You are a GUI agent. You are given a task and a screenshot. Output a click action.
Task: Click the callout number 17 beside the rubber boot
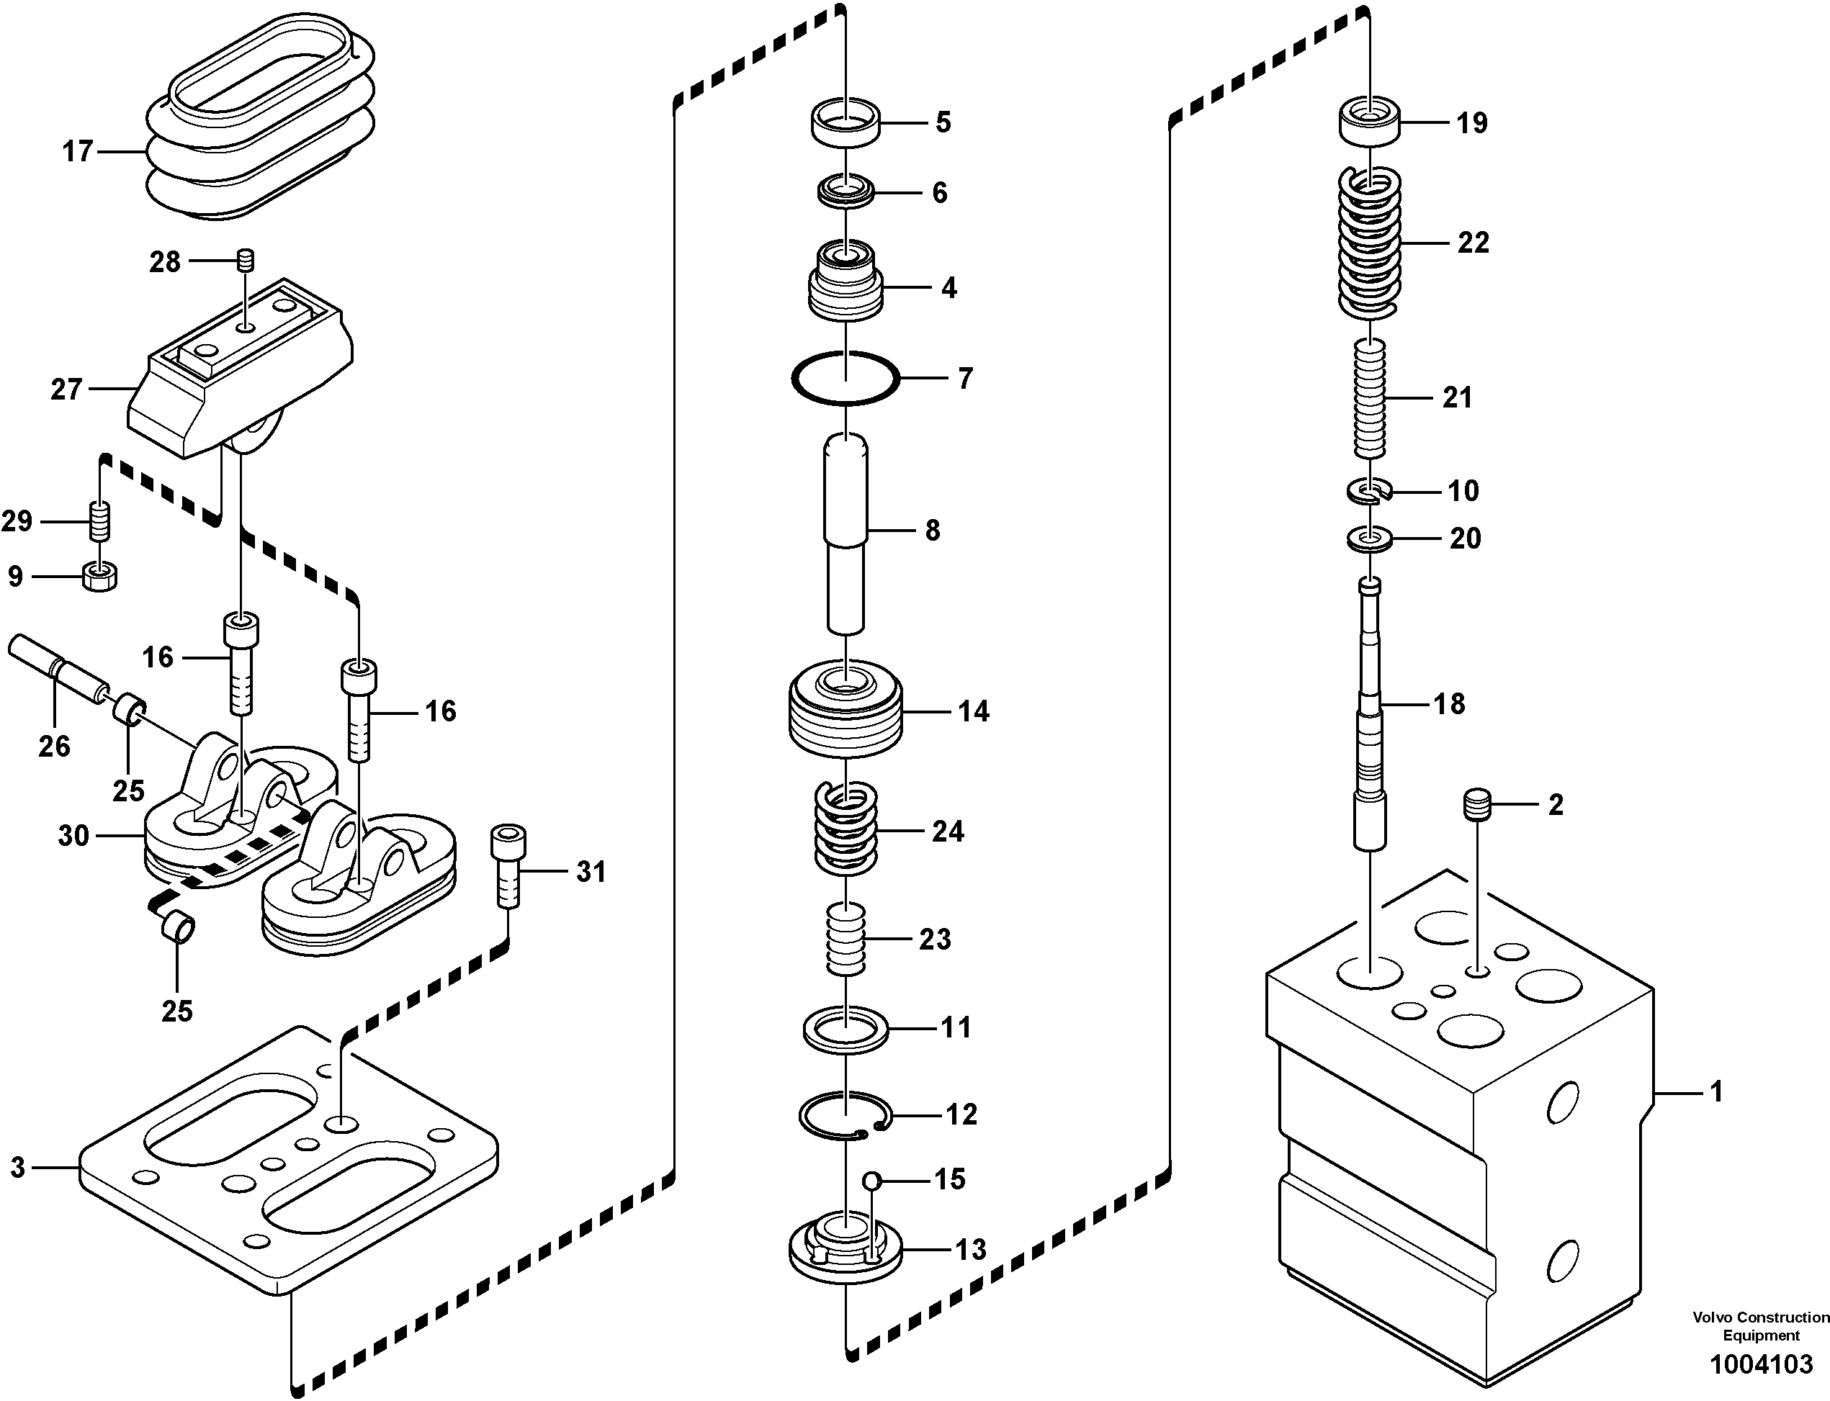pyautogui.click(x=78, y=152)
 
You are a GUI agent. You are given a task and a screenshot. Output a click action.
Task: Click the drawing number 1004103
pyautogui.click(x=1761, y=1365)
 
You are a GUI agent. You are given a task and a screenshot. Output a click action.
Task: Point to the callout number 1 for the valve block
pyautogui.click(x=1715, y=1091)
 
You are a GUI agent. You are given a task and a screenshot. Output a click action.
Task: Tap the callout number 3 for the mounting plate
pyautogui.click(x=18, y=1168)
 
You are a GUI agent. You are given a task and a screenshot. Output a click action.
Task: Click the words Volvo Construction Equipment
pyautogui.click(x=1760, y=1326)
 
